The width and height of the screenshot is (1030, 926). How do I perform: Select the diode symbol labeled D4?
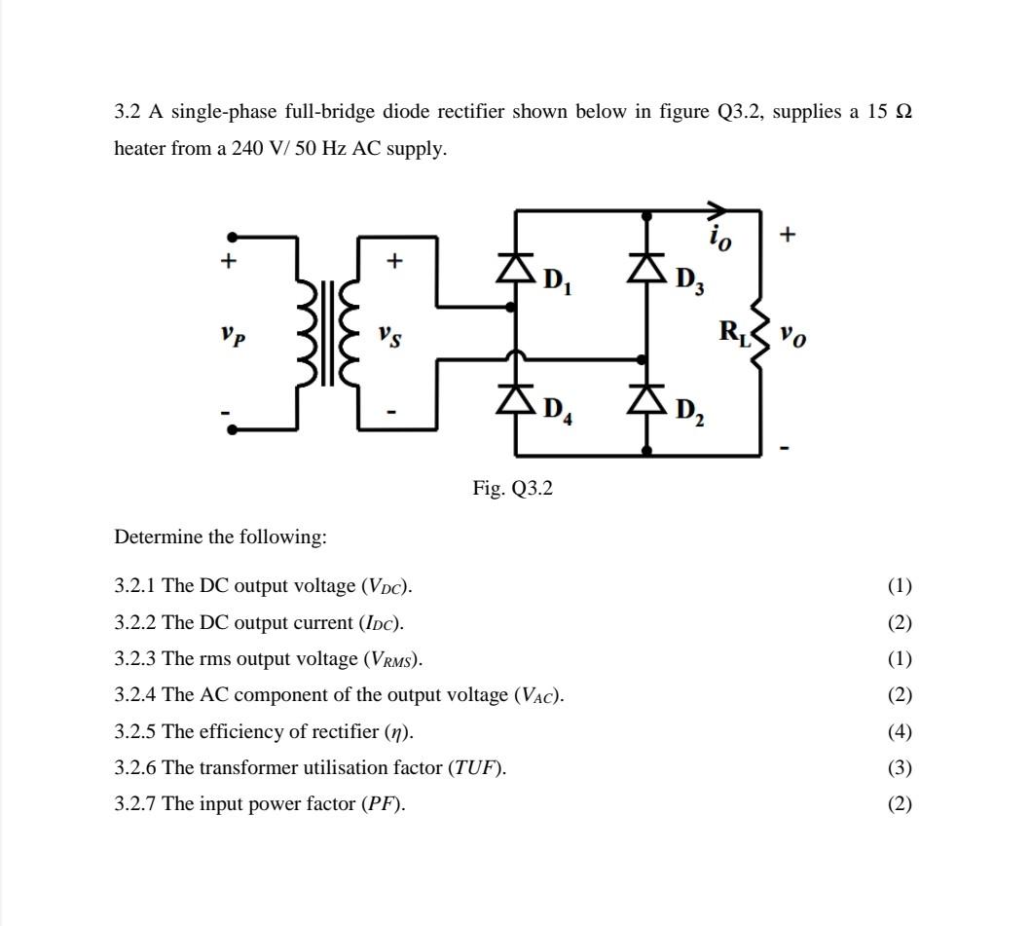[x=515, y=398]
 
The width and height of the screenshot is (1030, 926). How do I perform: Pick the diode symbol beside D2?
[x=647, y=398]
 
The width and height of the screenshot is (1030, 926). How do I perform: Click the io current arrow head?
[x=717, y=209]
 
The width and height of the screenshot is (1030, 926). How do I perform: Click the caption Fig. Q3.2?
[x=513, y=489]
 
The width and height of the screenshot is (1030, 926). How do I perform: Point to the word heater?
[x=140, y=149]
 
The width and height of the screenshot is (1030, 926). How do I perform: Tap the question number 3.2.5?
[x=135, y=731]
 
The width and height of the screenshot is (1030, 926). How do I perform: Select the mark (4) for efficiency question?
[x=900, y=731]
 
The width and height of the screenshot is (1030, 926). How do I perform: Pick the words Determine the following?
[x=220, y=537]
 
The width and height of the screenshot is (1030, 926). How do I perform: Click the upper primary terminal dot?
[x=232, y=237]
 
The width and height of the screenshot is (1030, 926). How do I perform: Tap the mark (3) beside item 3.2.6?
[x=900, y=768]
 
